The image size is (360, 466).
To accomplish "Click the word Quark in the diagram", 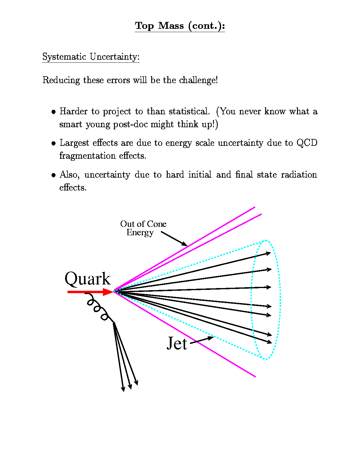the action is (88, 278).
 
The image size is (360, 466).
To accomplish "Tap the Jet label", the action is (177, 343).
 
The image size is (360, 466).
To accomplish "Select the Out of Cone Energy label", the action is (143, 228).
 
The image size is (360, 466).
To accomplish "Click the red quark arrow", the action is (90, 292).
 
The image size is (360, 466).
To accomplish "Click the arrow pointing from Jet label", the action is (202, 340).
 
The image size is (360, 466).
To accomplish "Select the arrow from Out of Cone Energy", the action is (174, 239).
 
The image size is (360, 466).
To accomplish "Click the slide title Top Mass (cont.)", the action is (180, 26).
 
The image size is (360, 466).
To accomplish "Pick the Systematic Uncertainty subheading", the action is (91, 57).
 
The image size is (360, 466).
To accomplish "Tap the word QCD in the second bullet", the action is (307, 143).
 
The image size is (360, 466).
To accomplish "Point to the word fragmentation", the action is (88, 156).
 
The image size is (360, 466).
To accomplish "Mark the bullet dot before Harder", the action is (54, 112).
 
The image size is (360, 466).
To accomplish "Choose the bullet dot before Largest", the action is (54, 143).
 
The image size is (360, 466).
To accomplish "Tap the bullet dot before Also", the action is (54, 175).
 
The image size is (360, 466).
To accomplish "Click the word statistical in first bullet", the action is (189, 112).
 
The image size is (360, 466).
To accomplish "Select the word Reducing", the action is (61, 80).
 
